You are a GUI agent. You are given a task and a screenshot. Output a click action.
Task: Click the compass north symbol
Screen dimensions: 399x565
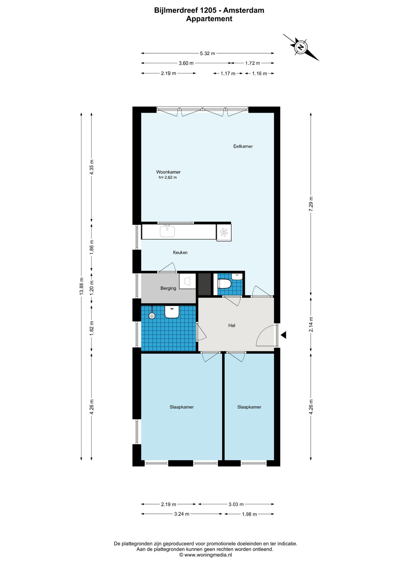(x=301, y=47)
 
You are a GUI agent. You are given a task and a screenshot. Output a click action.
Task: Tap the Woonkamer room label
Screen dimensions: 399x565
(x=168, y=172)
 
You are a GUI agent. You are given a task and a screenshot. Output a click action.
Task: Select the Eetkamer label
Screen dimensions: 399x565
(x=243, y=146)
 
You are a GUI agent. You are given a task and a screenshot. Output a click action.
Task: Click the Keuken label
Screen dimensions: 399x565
(x=180, y=252)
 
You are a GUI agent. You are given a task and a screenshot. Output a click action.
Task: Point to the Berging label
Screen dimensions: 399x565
(x=168, y=288)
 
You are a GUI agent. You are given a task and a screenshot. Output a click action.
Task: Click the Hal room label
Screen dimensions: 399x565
(x=232, y=325)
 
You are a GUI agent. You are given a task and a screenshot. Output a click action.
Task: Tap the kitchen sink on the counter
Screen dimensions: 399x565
(x=167, y=231)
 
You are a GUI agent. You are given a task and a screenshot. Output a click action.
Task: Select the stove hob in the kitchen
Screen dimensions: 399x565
(x=224, y=232)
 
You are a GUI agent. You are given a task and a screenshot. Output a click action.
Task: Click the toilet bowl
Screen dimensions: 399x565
(x=225, y=284)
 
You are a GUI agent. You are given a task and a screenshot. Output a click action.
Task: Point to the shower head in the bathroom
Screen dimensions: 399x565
(x=152, y=316)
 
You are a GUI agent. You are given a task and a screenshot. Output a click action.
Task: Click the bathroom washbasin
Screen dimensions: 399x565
(x=172, y=312)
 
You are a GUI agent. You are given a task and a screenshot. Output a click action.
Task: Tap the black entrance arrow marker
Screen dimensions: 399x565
(x=284, y=335)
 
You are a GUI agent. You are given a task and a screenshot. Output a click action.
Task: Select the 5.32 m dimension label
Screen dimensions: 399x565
(x=207, y=54)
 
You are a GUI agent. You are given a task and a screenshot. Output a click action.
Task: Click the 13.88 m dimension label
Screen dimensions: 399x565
(x=82, y=286)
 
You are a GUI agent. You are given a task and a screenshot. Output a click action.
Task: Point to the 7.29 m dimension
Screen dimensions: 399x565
(x=311, y=204)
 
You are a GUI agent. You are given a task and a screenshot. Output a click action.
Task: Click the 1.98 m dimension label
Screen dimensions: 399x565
(x=249, y=514)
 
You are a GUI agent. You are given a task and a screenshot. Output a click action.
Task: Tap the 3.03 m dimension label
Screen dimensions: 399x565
(x=236, y=504)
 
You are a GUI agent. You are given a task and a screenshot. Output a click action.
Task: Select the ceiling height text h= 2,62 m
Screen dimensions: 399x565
(x=168, y=177)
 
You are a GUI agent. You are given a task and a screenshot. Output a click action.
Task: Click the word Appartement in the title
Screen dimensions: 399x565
(x=209, y=19)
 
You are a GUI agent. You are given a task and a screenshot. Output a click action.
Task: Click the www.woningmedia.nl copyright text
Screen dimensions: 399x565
(x=206, y=555)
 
